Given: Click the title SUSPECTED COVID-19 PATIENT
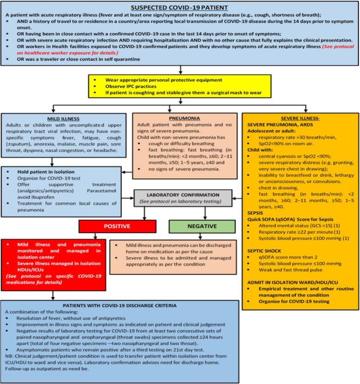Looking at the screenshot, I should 180,7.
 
